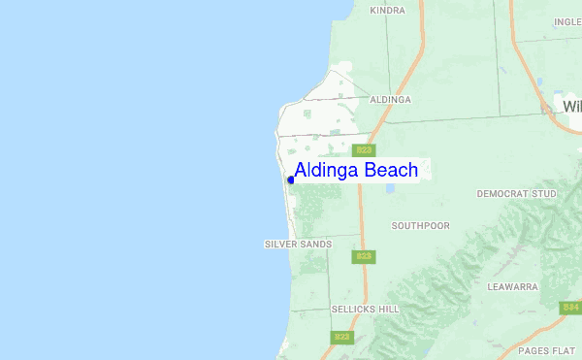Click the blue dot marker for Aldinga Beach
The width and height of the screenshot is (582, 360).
pos(291,180)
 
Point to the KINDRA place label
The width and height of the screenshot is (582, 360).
pos(388,10)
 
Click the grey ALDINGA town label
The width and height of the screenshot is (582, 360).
pos(391,99)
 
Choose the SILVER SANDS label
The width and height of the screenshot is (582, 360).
pos(298,244)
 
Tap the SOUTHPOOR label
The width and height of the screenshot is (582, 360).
pos(421,225)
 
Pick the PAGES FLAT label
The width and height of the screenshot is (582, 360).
pos(546,349)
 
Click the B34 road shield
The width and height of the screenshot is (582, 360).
pos(570,307)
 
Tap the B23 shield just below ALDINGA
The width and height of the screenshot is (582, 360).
pos(364,149)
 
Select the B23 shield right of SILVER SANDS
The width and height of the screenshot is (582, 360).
pos(364,256)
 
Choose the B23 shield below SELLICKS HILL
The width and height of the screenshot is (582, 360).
pos(342,337)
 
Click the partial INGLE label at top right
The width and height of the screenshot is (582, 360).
pos(567,21)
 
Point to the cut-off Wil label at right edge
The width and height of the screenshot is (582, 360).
pos(571,105)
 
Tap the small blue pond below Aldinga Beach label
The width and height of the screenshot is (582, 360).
pos(391,188)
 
